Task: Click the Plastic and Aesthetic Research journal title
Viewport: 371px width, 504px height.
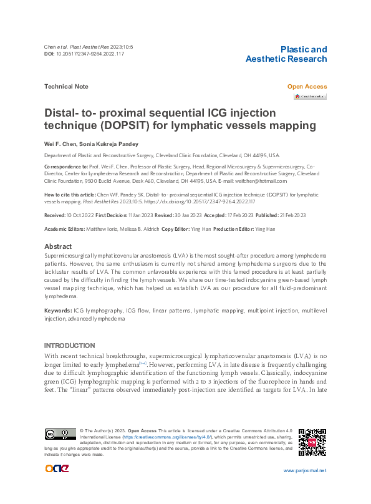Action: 286,54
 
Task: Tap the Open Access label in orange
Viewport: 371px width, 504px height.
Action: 307,87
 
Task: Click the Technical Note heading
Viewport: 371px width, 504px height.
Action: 66,87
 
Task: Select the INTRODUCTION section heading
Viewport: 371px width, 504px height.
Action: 70,346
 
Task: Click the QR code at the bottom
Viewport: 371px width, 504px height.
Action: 313,442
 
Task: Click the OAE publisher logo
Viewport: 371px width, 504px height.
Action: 57,469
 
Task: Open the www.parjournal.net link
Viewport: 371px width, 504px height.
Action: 304,470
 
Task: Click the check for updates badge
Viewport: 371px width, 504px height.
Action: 311,96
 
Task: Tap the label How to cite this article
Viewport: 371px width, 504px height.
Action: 69,195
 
